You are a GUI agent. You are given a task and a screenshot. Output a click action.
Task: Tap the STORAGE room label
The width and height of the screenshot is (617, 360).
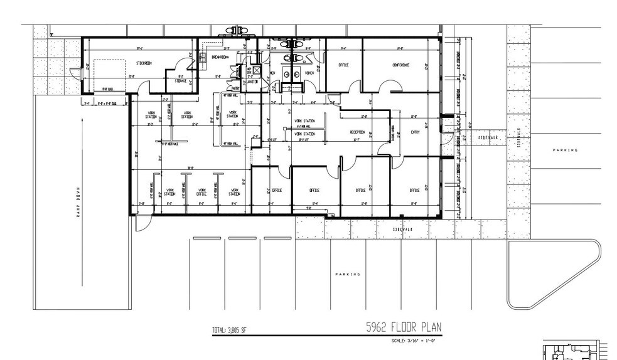tap(181, 80)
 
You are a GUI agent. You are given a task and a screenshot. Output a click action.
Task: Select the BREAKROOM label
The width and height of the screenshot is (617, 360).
tap(220, 57)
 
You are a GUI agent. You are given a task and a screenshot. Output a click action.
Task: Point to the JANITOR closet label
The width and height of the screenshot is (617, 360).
tap(253, 81)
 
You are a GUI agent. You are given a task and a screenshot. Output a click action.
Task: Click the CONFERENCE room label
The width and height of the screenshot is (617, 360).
tap(401, 65)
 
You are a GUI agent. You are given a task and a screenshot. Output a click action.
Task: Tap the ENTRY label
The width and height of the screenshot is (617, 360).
tap(415, 132)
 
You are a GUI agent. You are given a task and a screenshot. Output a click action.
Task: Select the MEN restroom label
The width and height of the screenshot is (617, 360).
tap(272, 73)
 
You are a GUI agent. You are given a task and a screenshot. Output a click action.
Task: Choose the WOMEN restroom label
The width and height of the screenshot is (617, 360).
tap(309, 73)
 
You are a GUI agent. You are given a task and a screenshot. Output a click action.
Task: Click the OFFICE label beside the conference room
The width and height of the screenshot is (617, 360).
tap(343, 65)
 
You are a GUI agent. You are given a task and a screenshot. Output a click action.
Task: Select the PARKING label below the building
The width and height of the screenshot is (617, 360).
tap(348, 274)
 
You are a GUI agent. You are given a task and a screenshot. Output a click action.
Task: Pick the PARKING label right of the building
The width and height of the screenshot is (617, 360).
tap(564, 150)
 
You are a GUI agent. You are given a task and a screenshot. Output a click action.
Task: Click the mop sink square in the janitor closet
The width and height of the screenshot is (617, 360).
tap(249, 70)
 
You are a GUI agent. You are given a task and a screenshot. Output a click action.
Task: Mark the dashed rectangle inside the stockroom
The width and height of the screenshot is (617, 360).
tap(109, 73)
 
